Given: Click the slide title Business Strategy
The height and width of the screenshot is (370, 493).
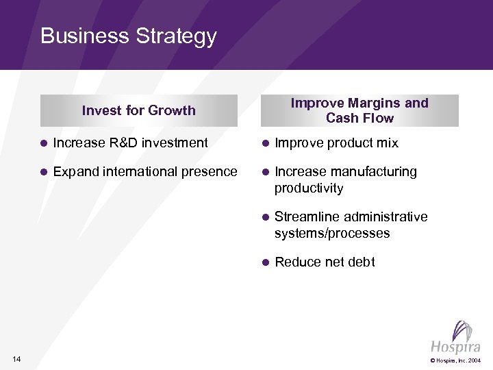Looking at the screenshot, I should (x=128, y=36).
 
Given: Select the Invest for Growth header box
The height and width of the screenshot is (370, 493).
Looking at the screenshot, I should (x=138, y=110).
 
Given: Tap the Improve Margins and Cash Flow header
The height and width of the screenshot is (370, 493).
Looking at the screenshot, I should (x=359, y=110).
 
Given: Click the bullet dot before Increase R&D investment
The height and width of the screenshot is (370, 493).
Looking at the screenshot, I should (x=43, y=143).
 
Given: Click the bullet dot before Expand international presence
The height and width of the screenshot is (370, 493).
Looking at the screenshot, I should (x=43, y=172).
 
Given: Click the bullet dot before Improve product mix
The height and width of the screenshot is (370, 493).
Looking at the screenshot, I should (x=265, y=143).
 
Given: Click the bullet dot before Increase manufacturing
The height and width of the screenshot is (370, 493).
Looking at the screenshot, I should (x=265, y=172).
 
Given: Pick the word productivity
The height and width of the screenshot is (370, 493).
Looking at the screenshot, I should (x=308, y=188).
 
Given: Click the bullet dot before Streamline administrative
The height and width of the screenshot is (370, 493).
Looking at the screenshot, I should (x=265, y=217).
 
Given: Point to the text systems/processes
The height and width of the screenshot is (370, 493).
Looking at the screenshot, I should (x=332, y=233).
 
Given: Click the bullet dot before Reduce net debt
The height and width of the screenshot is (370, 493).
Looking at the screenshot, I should (x=265, y=262).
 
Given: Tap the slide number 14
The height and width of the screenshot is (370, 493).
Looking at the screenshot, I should (x=17, y=359).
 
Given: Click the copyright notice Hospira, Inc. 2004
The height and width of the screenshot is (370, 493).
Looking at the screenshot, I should (x=455, y=360).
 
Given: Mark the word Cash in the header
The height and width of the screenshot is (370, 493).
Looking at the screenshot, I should (x=340, y=118).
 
